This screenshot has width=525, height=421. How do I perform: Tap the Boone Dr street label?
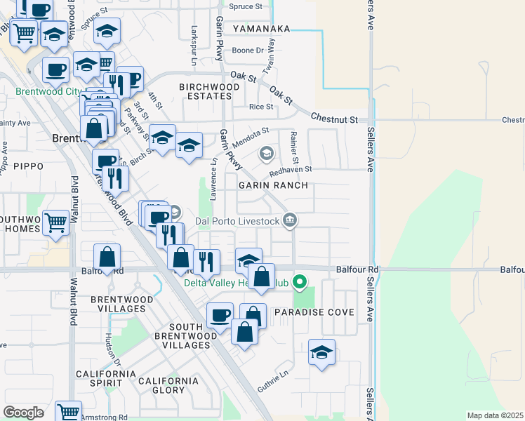click(248, 51)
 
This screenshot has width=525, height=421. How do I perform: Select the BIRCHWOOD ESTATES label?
click(209, 92)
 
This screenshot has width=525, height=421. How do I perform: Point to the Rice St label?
click(261, 107)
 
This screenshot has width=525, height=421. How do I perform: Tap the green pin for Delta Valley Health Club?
click(300, 283)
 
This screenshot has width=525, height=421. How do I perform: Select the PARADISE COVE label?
click(314, 312)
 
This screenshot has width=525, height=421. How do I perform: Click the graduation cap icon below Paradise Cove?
click(321, 352)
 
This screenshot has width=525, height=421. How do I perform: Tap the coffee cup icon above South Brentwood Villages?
click(220, 315)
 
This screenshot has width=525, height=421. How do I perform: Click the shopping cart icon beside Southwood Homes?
click(56, 223)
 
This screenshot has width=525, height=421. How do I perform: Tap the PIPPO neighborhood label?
click(27, 166)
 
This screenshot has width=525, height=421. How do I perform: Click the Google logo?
click(23, 413)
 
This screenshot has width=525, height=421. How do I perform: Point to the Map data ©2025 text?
click(495, 415)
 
